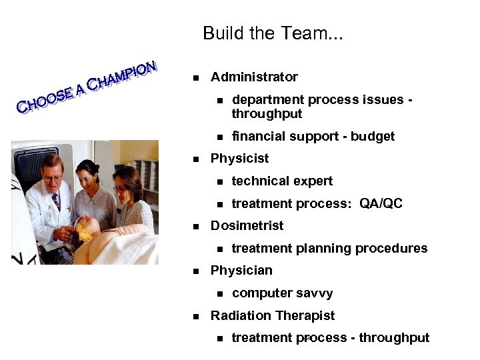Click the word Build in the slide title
coord(221,33)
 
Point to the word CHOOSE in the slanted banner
coord(44,99)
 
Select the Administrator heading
coord(254,77)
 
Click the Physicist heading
coord(239,159)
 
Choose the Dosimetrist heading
coord(247,226)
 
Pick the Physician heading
coord(241,271)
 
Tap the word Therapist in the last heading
coord(307,315)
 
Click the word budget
coord(373,137)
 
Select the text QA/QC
coord(381,204)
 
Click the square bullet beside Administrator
coord(196,78)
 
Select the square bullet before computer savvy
coord(219,293)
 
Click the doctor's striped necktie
coord(55,200)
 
